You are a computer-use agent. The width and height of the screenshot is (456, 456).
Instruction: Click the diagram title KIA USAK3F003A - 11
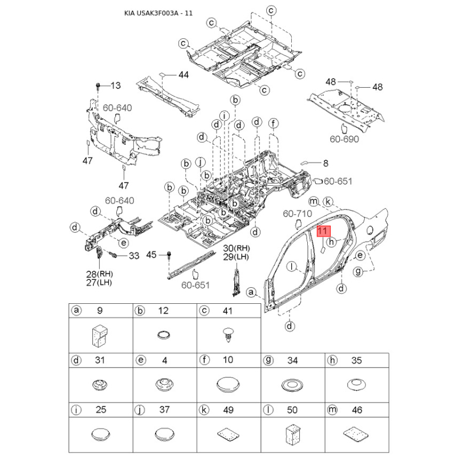tap(158, 13)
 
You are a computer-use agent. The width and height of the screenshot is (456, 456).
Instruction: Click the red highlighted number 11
tap(323, 231)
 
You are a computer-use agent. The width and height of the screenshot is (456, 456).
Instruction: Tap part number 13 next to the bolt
tap(116, 85)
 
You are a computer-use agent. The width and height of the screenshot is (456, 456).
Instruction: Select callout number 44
tap(184, 75)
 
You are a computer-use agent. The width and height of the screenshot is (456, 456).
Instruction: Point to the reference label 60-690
tap(344, 139)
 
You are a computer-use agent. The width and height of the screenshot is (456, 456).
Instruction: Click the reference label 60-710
tap(297, 214)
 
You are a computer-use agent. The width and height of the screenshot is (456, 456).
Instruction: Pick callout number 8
tap(325, 164)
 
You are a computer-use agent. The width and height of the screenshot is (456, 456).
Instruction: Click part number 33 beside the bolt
tap(134, 256)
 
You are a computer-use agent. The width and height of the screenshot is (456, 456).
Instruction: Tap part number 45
tap(151, 255)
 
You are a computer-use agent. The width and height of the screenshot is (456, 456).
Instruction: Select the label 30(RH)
tap(237, 248)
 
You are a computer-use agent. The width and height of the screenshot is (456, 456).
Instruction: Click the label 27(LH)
tap(99, 282)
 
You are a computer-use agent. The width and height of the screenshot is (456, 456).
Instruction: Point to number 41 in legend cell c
tap(227, 311)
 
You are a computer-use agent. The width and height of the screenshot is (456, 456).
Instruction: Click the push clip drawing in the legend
tap(229, 335)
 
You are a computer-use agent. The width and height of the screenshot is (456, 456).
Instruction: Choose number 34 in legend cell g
tap(292, 361)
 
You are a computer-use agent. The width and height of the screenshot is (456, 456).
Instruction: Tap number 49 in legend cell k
tap(228, 410)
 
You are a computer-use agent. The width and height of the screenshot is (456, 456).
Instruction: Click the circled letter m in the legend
tap(332, 410)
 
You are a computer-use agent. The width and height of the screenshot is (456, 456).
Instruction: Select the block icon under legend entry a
tap(100, 335)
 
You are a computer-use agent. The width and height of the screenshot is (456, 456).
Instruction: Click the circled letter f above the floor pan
tap(273, 123)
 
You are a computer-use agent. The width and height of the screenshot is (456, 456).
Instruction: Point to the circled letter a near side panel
tap(251, 292)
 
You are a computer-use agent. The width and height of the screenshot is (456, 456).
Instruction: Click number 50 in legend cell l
tap(292, 410)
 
